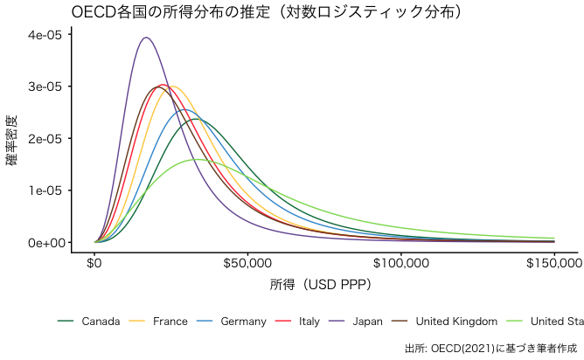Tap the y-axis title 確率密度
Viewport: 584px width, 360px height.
point(11,140)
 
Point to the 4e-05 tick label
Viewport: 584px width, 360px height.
point(45,35)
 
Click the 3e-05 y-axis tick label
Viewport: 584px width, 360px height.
point(45,87)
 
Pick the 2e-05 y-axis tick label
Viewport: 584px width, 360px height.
point(45,138)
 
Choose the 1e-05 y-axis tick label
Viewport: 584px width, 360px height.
point(45,190)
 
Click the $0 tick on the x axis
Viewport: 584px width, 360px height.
point(95,261)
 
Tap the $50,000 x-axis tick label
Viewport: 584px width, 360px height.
point(248,261)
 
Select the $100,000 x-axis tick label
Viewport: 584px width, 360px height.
point(401,261)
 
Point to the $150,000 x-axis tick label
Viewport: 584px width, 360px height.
point(554,261)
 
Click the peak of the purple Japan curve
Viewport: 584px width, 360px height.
point(146,38)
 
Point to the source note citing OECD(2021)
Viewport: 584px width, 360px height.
point(492,348)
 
